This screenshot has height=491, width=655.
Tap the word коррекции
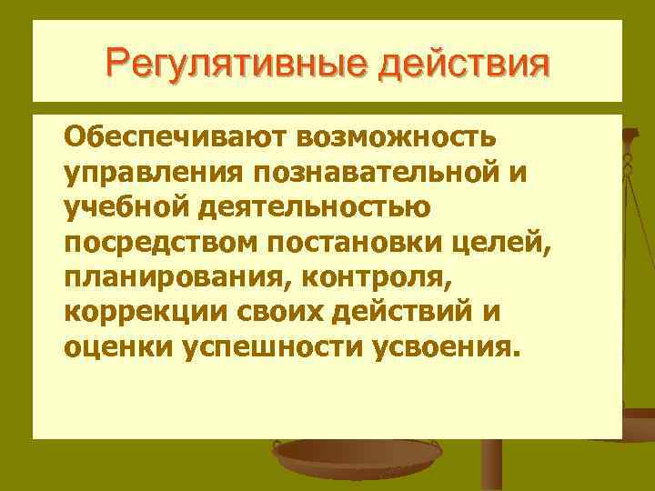(136, 310)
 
